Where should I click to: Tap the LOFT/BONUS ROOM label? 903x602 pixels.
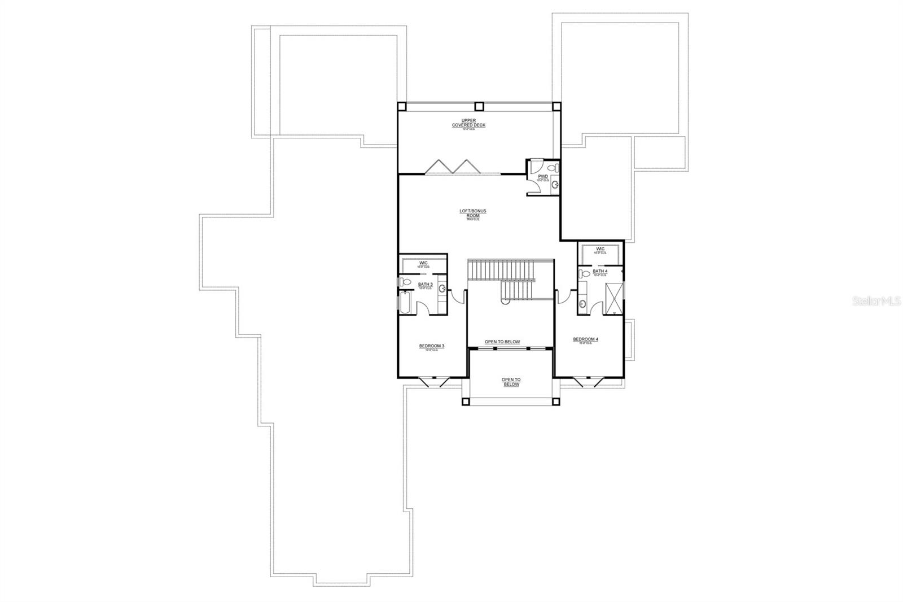(472, 213)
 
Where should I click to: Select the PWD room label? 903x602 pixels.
(543, 177)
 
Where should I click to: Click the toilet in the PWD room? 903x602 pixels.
(555, 167)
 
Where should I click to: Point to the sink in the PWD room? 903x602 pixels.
(555, 185)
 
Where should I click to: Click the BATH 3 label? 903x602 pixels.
(425, 285)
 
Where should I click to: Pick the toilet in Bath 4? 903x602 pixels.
(584, 274)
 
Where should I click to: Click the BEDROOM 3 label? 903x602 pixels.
(432, 346)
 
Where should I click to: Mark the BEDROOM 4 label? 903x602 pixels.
(585, 339)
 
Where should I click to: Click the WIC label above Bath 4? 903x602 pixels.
(600, 249)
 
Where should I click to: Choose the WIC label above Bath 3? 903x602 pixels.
(423, 263)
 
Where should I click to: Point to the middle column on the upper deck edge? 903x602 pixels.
(479, 106)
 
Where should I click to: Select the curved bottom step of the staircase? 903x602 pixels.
(506, 302)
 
